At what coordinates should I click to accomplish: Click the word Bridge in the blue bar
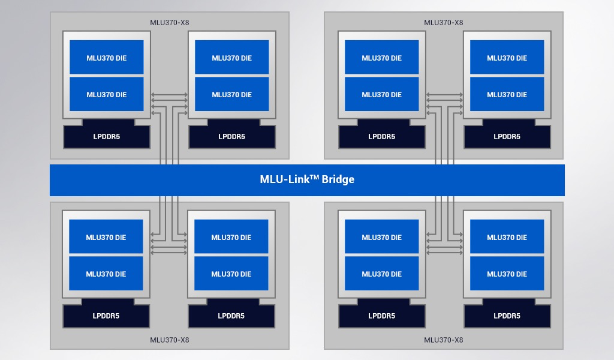pos(337,179)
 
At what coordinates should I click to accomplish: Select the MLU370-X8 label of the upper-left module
pos(170,23)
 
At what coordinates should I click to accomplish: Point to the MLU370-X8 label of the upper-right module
pos(444,23)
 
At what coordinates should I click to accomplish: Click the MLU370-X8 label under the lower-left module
pos(170,340)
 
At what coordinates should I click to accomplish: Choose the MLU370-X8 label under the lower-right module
pos(444,340)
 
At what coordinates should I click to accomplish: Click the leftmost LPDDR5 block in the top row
pos(107,136)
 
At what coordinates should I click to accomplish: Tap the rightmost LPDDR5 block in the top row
pos(507,136)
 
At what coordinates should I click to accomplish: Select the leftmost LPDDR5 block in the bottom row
pos(106,316)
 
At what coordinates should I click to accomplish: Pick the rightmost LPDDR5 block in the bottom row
pos(507,316)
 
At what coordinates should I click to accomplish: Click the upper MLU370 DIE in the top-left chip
pos(107,58)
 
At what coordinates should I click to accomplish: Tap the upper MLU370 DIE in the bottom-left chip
pos(106,237)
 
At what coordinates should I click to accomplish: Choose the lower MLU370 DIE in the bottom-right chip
pos(507,274)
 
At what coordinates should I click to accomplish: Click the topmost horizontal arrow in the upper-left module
pos(169,94)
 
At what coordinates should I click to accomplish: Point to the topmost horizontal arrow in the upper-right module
pos(444,94)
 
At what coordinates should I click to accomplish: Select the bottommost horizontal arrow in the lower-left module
pos(169,253)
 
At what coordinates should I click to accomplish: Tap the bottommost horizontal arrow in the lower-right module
pos(444,253)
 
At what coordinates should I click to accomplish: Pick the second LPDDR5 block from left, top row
pos(232,136)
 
